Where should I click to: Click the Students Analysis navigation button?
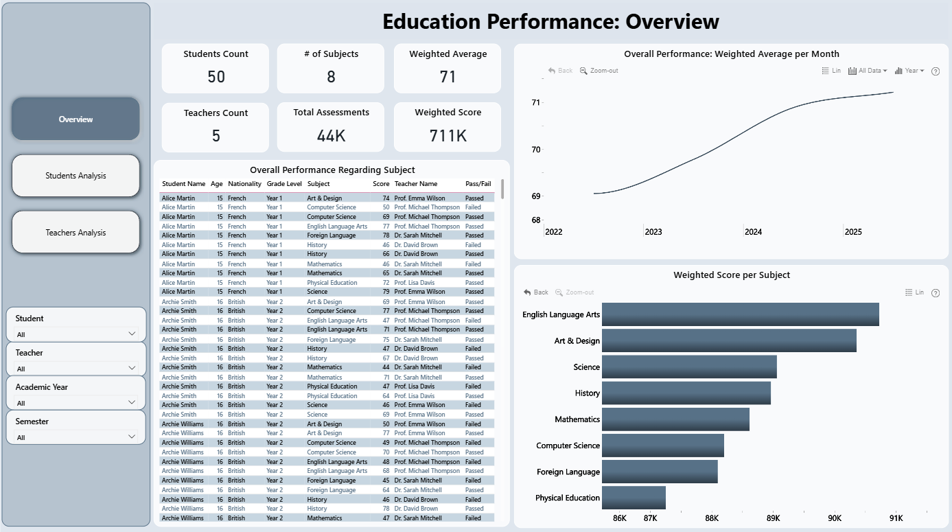(x=76, y=176)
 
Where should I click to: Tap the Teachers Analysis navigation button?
(x=76, y=233)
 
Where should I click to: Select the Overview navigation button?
(x=76, y=119)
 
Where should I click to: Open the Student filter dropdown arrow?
(x=132, y=334)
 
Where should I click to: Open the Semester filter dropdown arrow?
(x=132, y=437)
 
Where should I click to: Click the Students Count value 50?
(x=216, y=77)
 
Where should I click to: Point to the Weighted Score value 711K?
(x=448, y=136)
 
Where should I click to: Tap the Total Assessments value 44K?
(x=331, y=136)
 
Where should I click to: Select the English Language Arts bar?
(x=741, y=314)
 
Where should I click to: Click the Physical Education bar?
(x=634, y=498)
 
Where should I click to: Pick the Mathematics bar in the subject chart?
(x=676, y=419)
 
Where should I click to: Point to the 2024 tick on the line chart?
(x=753, y=232)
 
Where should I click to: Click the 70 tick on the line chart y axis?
(x=535, y=150)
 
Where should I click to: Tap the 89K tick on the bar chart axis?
(x=773, y=518)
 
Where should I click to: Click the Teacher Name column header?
(x=416, y=184)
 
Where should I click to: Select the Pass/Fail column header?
(x=478, y=184)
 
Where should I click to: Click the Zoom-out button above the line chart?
(x=599, y=71)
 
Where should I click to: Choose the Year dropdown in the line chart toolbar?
(x=909, y=71)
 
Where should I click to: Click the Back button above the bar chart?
(x=535, y=292)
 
